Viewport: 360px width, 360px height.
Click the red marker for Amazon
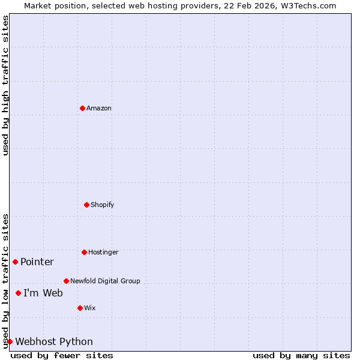click(x=82, y=108)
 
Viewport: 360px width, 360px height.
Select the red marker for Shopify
click(x=86, y=205)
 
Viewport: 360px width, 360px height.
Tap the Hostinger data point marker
click(x=84, y=252)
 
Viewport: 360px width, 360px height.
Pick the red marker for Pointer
click(x=15, y=262)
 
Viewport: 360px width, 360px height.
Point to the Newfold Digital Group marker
click(x=66, y=281)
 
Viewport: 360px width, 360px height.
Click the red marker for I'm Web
click(x=18, y=293)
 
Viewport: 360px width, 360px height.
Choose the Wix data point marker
click(x=80, y=308)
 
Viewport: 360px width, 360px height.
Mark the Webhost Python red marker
click(x=10, y=341)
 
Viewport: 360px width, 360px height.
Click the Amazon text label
click(x=99, y=109)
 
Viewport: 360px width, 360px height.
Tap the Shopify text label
click(x=102, y=205)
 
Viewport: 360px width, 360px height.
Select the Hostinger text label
click(x=103, y=253)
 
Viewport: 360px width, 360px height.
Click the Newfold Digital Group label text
click(x=105, y=281)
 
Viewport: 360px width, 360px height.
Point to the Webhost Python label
click(x=54, y=342)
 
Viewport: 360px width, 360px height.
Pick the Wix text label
click(x=89, y=308)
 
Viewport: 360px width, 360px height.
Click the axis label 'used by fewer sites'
click(x=62, y=355)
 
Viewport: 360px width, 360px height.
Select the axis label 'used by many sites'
click(x=301, y=355)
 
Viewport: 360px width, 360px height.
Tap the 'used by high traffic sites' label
click(x=5, y=86)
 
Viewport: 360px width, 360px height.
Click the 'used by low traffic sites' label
click(x=5, y=281)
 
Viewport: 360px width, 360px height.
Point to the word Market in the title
click(x=38, y=5)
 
